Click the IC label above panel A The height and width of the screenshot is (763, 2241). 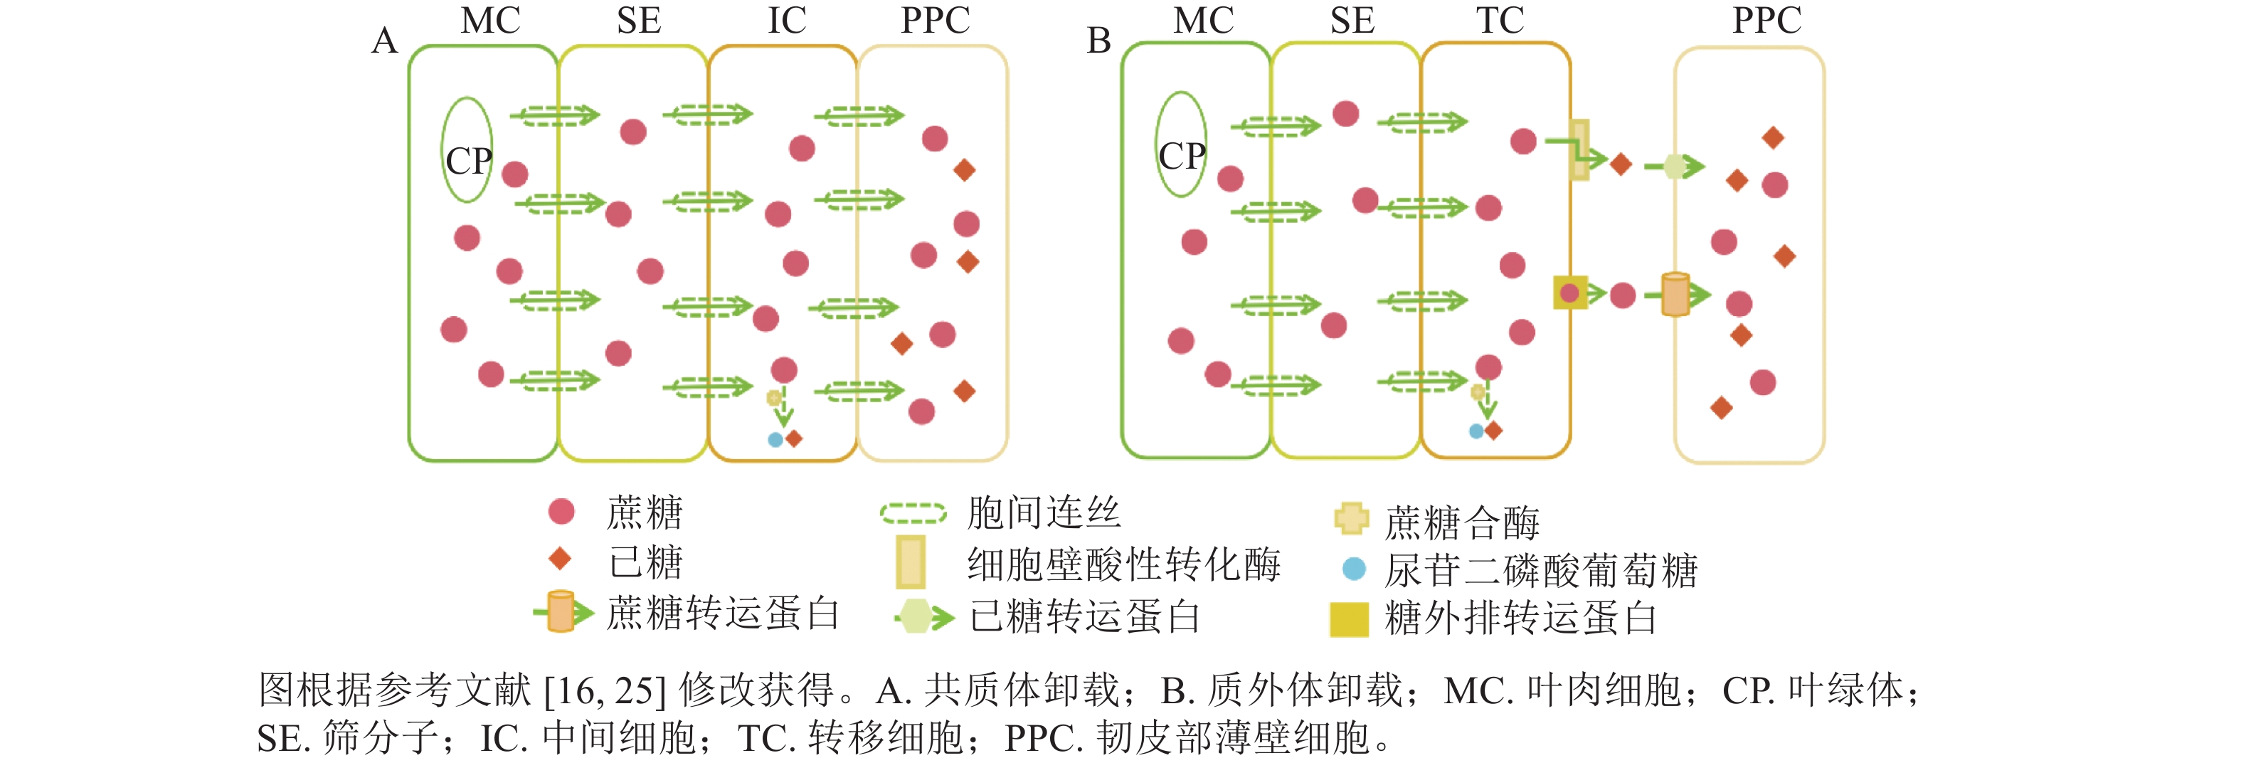click(786, 21)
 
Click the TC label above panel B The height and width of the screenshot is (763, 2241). click(1500, 21)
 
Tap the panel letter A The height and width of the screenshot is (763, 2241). click(384, 41)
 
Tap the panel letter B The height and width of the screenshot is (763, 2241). click(1098, 41)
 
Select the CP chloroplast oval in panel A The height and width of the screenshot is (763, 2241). click(467, 149)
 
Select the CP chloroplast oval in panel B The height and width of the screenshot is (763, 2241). click(1180, 144)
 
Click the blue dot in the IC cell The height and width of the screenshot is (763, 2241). click(775, 439)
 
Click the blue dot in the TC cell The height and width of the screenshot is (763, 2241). click(1476, 431)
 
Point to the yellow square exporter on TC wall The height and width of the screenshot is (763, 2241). click(1570, 293)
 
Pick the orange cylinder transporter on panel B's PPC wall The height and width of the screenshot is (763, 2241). click(1675, 294)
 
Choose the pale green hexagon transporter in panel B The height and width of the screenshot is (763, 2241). click(1675, 166)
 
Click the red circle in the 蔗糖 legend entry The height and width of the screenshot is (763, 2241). click(561, 512)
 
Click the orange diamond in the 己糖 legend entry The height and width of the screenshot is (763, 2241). click(561, 559)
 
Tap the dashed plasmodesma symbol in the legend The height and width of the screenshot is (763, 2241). click(913, 513)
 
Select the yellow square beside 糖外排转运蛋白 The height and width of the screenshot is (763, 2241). click(1348, 619)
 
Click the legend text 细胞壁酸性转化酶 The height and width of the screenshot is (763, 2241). click(1123, 564)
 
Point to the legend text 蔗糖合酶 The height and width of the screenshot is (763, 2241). click(1461, 522)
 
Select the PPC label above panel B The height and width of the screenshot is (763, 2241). click(1766, 21)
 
